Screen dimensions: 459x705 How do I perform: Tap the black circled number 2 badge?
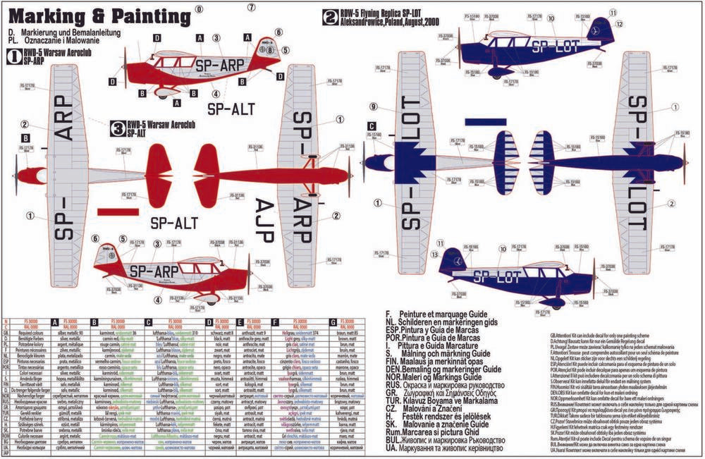(x=329, y=17)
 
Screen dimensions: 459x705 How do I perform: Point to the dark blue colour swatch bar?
(x=496, y=123)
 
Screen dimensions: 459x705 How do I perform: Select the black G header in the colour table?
(x=330, y=322)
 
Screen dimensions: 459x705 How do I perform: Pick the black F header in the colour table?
(x=274, y=322)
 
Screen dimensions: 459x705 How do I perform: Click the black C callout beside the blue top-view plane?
(x=371, y=126)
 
